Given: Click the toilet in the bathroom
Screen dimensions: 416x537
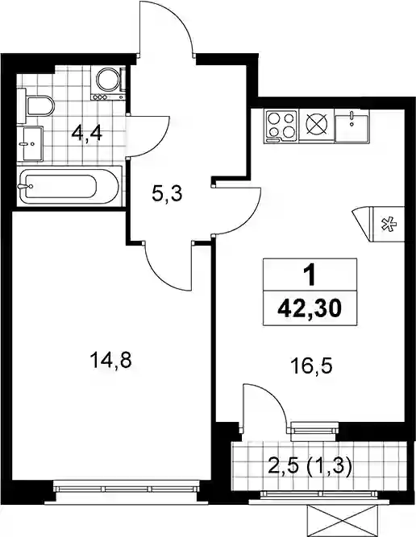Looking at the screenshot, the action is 36,105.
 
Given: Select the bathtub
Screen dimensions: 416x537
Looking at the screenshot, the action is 69,186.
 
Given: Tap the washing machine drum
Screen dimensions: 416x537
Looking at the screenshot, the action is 108,80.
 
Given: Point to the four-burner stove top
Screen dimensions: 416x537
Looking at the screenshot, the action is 281,126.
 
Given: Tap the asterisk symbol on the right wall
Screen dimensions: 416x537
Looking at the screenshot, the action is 389,225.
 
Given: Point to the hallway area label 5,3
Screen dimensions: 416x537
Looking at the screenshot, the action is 166,195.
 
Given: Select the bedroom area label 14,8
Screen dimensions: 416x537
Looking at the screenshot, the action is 110,361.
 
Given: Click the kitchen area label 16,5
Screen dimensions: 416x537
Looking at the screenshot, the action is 311,367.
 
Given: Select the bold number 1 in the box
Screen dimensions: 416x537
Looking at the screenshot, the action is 310,276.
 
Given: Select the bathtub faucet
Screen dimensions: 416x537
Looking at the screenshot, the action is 25,186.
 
